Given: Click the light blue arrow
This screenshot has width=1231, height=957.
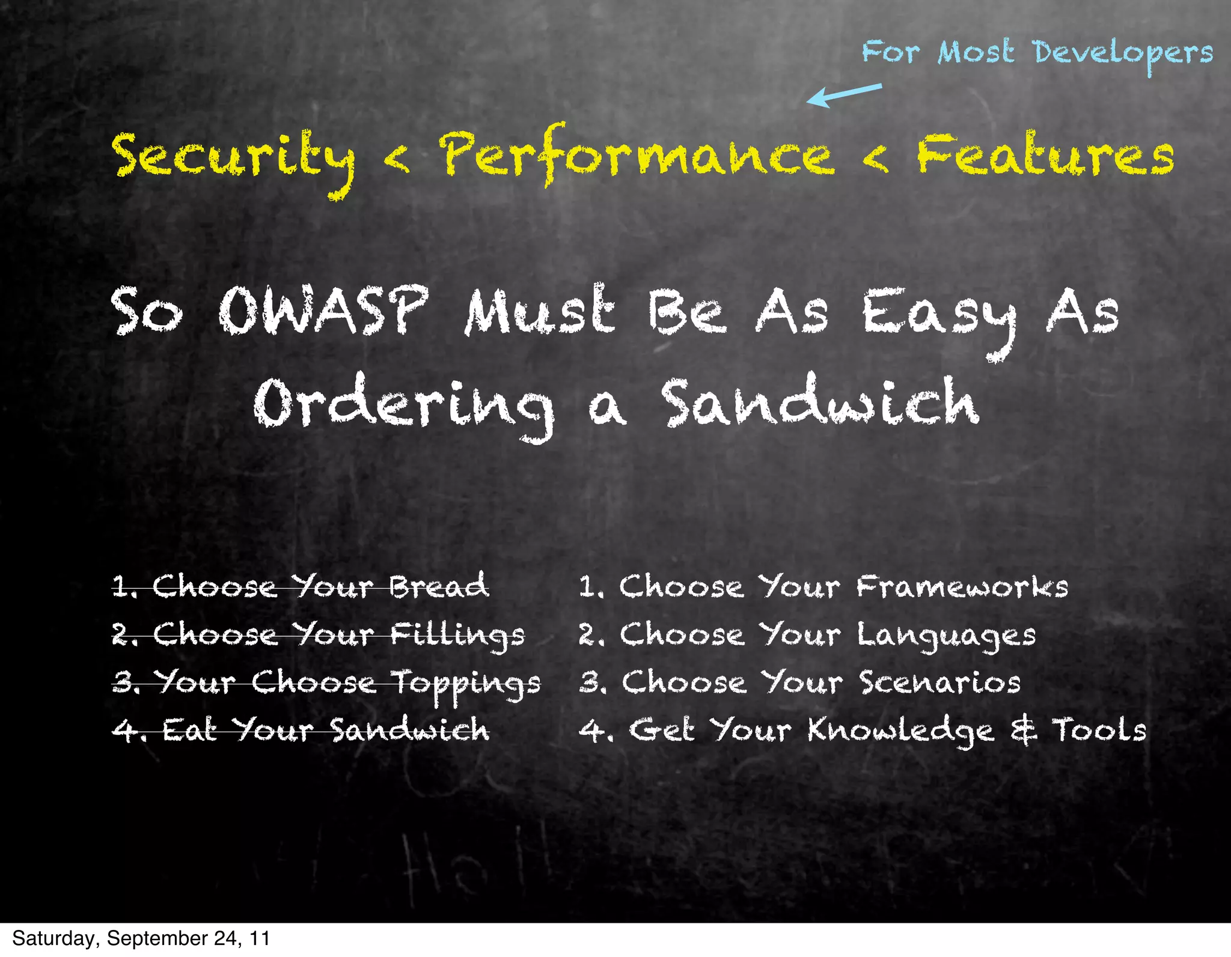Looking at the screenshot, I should pyautogui.click(x=844, y=95).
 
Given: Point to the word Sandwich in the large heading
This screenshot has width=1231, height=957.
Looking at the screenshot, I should pyautogui.click(x=821, y=401).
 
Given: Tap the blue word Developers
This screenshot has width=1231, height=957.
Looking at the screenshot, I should pyautogui.click(x=1123, y=53).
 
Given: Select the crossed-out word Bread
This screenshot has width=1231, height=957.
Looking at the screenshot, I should pyautogui.click(x=439, y=586).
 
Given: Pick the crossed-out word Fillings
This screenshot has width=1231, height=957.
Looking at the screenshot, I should pyautogui.click(x=457, y=636).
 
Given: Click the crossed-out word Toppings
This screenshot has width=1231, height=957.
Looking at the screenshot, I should pyautogui.click(x=466, y=684).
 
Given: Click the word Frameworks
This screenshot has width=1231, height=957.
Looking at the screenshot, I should pyautogui.click(x=962, y=586).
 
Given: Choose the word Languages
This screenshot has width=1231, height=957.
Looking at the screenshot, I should pyautogui.click(x=946, y=636).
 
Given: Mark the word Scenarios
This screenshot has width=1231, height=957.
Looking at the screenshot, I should pyautogui.click(x=939, y=682).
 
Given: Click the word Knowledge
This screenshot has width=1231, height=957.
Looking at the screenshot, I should pyautogui.click(x=900, y=731).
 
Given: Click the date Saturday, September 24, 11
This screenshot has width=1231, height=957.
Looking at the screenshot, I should pyautogui.click(x=141, y=938).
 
